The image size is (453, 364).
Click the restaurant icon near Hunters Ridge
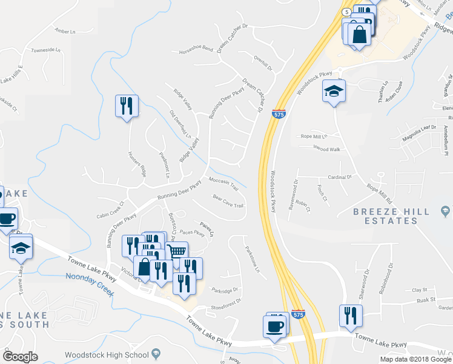click(127, 106)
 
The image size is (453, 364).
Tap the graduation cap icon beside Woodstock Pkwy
click(334, 91)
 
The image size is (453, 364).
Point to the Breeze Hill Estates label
click(385, 216)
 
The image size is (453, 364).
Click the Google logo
click(21, 356)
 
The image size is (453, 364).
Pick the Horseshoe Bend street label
click(196, 48)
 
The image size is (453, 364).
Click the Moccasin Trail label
click(223, 184)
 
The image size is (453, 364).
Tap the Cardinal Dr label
click(340, 177)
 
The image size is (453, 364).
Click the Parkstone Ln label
click(252, 258)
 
